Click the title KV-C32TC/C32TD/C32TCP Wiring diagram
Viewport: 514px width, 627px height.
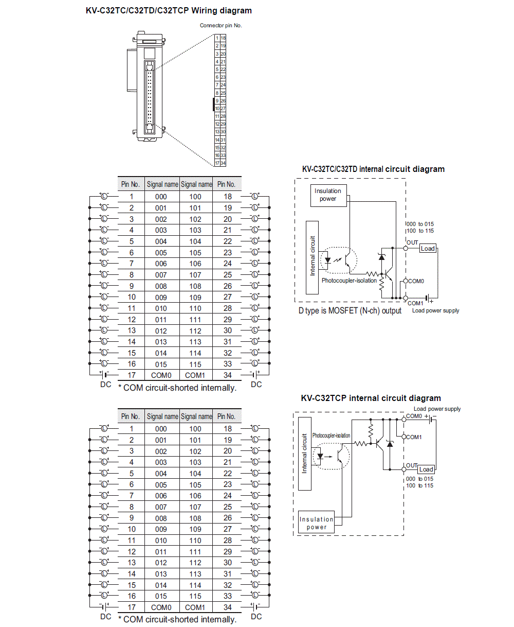(x=169, y=10)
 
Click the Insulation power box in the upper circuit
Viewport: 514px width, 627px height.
(x=328, y=195)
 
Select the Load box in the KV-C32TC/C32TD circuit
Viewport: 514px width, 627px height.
(x=428, y=249)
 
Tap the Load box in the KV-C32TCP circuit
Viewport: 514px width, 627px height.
(x=426, y=469)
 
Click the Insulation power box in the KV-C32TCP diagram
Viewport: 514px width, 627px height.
(x=317, y=523)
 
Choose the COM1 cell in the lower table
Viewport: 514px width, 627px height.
(x=195, y=607)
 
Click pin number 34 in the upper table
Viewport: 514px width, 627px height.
(x=228, y=375)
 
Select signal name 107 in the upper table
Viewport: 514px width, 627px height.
(x=195, y=275)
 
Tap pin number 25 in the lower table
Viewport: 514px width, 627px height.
(x=228, y=507)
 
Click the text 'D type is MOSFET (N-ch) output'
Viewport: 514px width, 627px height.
(x=350, y=311)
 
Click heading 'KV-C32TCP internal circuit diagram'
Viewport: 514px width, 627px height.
(x=371, y=398)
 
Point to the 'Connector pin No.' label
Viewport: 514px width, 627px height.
(x=221, y=25)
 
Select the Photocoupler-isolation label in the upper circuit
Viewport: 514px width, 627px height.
(x=349, y=281)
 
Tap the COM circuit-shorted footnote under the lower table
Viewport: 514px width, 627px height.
(x=177, y=619)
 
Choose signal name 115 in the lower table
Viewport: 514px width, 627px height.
(x=195, y=596)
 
